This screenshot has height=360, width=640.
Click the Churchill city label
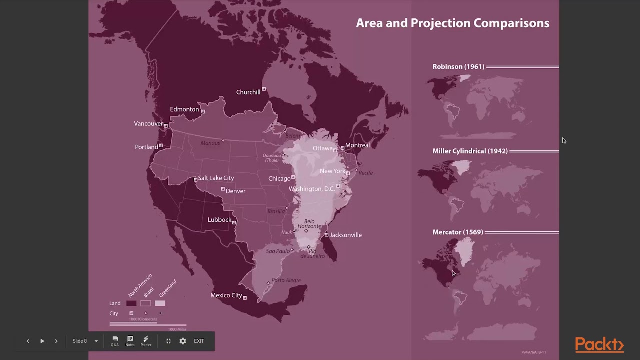point(248,92)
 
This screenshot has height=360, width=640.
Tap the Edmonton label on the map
point(184,109)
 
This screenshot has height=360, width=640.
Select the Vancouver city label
point(148,124)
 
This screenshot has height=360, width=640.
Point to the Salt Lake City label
point(216,178)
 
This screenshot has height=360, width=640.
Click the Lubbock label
point(219,220)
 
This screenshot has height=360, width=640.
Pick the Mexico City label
point(226,295)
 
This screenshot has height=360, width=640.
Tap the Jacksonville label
point(345,235)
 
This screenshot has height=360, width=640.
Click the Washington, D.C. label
point(311,189)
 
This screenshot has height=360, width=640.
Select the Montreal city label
point(357,145)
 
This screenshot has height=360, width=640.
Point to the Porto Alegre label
point(286,280)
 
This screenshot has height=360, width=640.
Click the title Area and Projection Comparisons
point(452,23)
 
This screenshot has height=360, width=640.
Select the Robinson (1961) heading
point(458,67)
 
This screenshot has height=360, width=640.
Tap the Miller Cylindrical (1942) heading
point(470,151)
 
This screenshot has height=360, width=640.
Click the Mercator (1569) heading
point(458,232)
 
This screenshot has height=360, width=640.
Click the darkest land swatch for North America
point(131,303)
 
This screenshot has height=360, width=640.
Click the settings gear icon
point(183,341)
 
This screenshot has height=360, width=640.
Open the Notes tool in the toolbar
point(130,341)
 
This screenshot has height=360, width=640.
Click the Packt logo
point(599,345)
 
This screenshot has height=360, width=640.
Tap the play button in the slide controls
point(42,341)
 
